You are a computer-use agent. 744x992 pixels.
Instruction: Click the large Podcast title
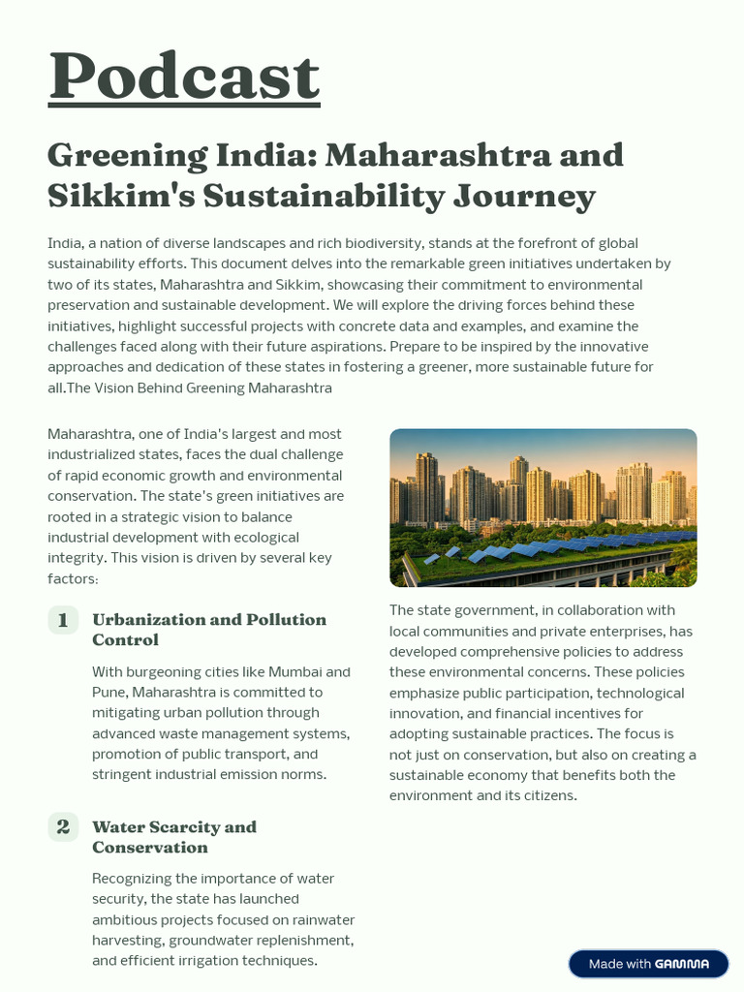(x=184, y=77)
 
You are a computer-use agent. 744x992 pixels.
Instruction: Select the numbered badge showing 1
(x=63, y=620)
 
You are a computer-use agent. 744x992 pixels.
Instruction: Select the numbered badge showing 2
(x=63, y=827)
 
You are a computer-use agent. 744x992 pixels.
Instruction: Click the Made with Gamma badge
(x=648, y=964)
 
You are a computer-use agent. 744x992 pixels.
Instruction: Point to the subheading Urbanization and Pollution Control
(x=208, y=630)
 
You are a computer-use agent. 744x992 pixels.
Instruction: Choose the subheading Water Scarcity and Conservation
(x=173, y=837)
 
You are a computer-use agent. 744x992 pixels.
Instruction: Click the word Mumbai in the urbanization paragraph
(x=297, y=671)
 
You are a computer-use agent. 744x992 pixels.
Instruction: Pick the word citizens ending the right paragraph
(x=546, y=795)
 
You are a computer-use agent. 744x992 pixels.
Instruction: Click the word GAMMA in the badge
(x=682, y=964)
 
